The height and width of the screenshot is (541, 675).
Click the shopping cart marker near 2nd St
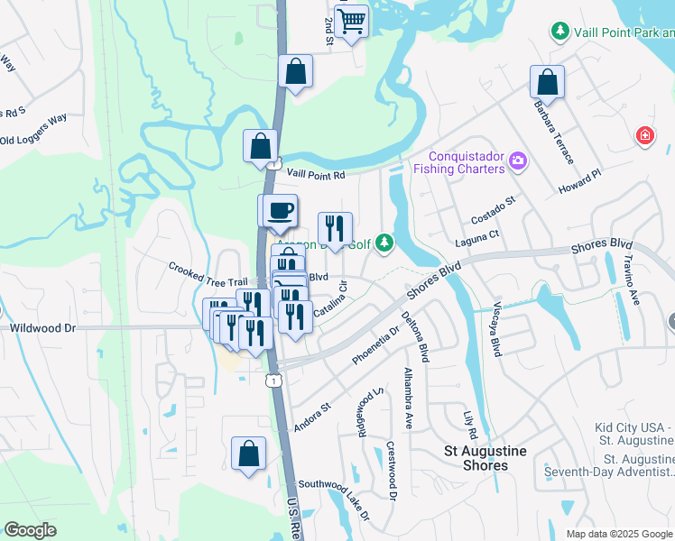coord(352,20)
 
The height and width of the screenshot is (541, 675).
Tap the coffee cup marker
coord(279,210)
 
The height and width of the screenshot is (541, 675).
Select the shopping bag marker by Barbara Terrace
coord(547,82)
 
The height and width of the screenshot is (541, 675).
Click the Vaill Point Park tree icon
coord(560,32)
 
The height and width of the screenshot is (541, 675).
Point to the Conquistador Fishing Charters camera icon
coord(518,161)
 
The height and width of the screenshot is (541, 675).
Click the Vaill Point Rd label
coord(316,175)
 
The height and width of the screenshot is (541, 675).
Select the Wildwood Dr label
coord(42,328)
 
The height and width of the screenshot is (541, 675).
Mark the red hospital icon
coord(644,136)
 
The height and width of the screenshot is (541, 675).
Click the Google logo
coord(31,530)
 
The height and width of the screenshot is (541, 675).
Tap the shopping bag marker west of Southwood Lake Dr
coord(248,454)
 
